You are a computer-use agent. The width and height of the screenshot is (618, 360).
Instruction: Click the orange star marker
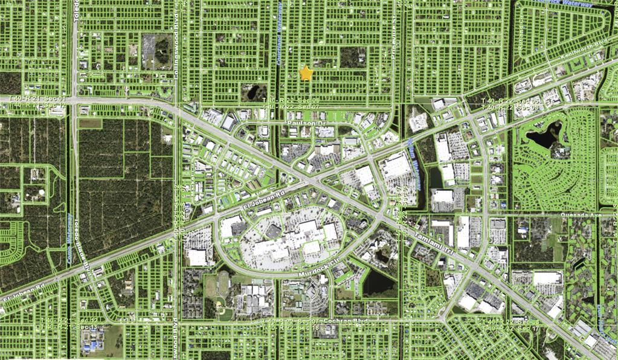[x=306, y=73]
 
